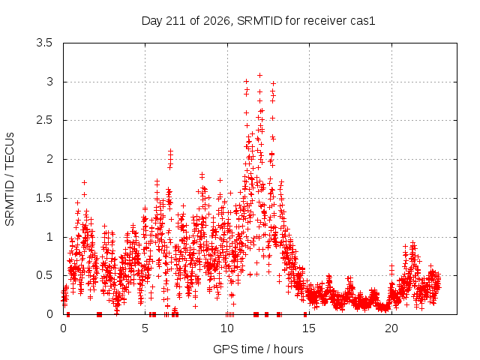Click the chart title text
pyautogui.click(x=258, y=21)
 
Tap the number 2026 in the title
pyautogui.click(x=217, y=21)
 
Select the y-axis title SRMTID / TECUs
pyautogui.click(x=10, y=179)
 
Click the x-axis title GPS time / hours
pyautogui.click(x=258, y=349)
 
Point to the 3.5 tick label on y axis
pyautogui.click(x=44, y=43)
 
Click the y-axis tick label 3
pyautogui.click(x=49, y=82)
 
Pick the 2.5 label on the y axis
pyautogui.click(x=44, y=120)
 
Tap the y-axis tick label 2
pyautogui.click(x=49, y=159)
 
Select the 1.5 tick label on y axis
pyautogui.click(x=44, y=198)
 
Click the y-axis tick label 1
pyautogui.click(x=49, y=237)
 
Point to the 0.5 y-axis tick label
pyautogui.click(x=44, y=275)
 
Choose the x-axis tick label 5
pyautogui.click(x=145, y=328)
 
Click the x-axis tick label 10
pyautogui.click(x=227, y=328)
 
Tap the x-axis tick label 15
pyautogui.click(x=309, y=328)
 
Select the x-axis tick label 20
pyautogui.click(x=391, y=328)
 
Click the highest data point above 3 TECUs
pyautogui.click(x=260, y=75)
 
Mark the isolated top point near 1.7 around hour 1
pyautogui.click(x=85, y=183)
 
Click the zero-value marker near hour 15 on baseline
pyautogui.click(x=305, y=314)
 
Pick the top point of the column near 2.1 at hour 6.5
pyautogui.click(x=171, y=151)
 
